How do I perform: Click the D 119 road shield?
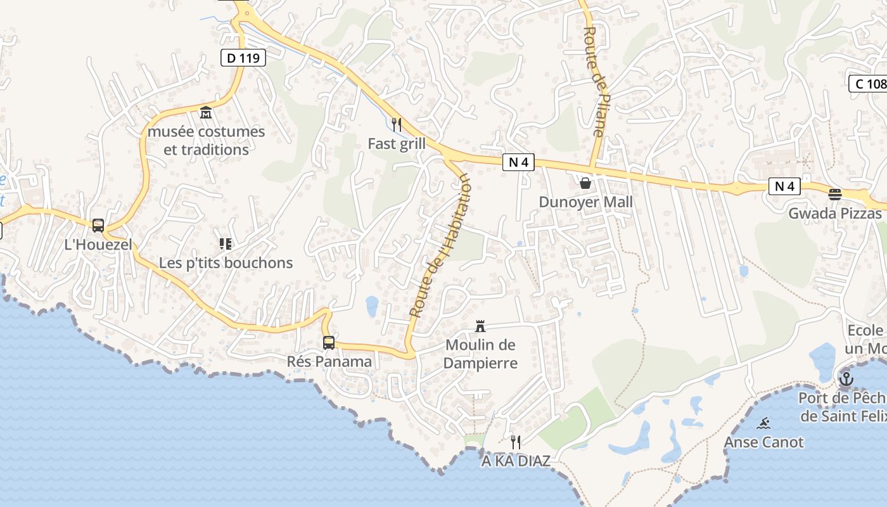(243, 58)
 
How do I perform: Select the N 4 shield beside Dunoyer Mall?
(518, 163)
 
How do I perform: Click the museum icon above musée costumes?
(206, 113)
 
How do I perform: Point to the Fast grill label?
(397, 144)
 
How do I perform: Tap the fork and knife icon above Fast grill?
(397, 124)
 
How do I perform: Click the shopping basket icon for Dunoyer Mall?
(585, 183)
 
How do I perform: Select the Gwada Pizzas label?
(834, 214)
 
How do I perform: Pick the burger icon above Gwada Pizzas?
(835, 194)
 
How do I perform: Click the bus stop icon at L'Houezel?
(98, 225)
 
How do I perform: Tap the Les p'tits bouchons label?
(226, 263)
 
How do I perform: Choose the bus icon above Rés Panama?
(329, 343)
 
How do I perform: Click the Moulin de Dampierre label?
(480, 354)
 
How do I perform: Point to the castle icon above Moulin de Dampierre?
(480, 326)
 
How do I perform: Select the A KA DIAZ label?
(516, 461)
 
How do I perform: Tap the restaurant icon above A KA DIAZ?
(516, 442)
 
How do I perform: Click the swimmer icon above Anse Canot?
(763, 423)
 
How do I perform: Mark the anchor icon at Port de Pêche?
(846, 379)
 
